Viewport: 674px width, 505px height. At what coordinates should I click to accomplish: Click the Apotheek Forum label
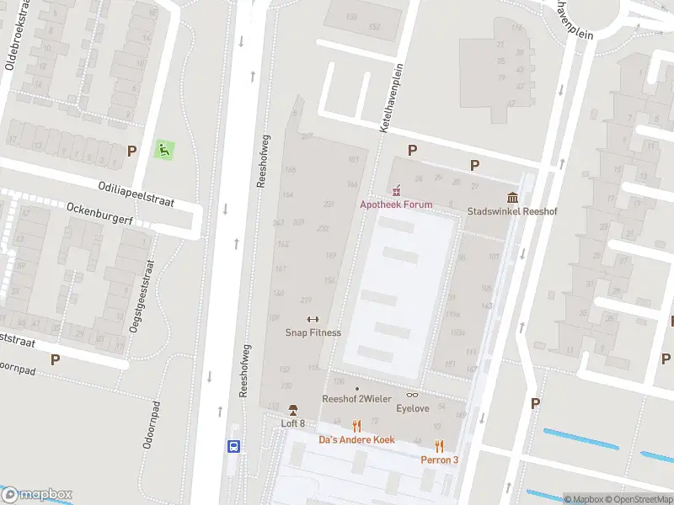click(x=396, y=205)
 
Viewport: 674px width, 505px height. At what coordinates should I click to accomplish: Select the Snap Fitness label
click(x=313, y=332)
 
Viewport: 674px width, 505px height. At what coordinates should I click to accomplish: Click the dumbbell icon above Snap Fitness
click(x=313, y=319)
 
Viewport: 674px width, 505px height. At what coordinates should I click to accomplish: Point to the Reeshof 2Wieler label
click(x=357, y=399)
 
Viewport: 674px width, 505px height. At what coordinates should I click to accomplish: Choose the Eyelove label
click(x=413, y=409)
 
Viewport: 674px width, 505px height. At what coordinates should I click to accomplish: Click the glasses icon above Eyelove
click(x=413, y=396)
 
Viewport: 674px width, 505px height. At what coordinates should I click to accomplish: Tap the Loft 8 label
click(x=293, y=423)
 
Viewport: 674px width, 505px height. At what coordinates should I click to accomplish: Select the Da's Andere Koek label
click(x=356, y=439)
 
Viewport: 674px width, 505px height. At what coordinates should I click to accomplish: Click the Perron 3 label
click(x=440, y=460)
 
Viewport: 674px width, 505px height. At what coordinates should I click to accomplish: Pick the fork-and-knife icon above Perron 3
click(x=439, y=446)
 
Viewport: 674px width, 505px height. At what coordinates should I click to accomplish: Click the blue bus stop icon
click(x=234, y=447)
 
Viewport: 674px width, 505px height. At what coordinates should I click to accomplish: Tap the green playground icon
click(x=163, y=151)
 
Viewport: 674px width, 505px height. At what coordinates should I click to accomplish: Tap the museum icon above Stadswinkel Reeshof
click(x=512, y=198)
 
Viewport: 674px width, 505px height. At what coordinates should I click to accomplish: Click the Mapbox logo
click(x=38, y=495)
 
